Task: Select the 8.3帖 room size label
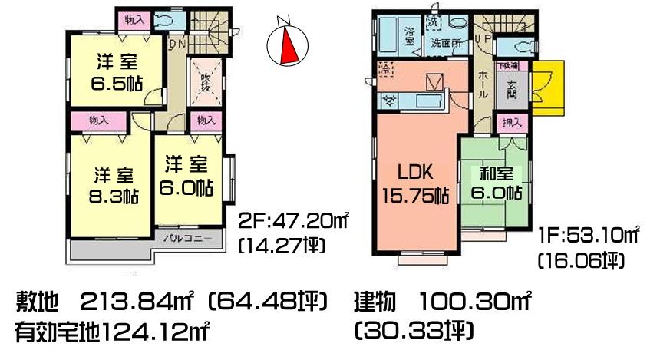coord(109,195)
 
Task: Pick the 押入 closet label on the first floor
coord(511,123)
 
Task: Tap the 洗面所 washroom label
coord(445,43)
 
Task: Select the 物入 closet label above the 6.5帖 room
coord(134,19)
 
